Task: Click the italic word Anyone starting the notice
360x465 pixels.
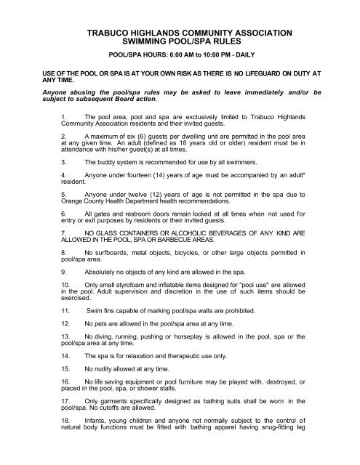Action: (x=60, y=94)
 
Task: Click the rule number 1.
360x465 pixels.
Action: (x=64, y=117)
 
